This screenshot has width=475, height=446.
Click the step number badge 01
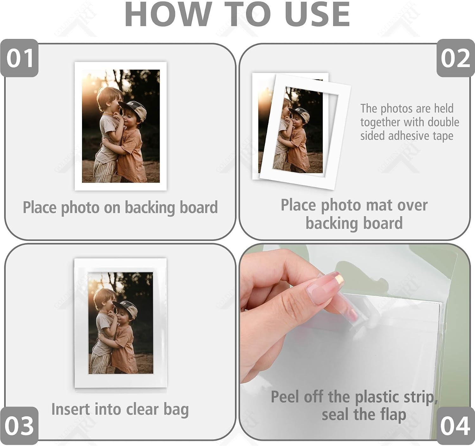tap(19, 58)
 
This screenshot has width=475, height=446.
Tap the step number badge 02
tap(456, 58)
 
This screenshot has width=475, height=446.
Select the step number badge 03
tap(19, 426)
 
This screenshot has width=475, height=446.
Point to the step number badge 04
tap(456, 426)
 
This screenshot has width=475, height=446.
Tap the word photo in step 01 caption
tap(80, 208)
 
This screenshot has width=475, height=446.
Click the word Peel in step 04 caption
tap(285, 397)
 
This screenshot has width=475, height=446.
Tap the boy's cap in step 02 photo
tap(300, 114)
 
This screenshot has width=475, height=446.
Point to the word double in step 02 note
tap(443, 122)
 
